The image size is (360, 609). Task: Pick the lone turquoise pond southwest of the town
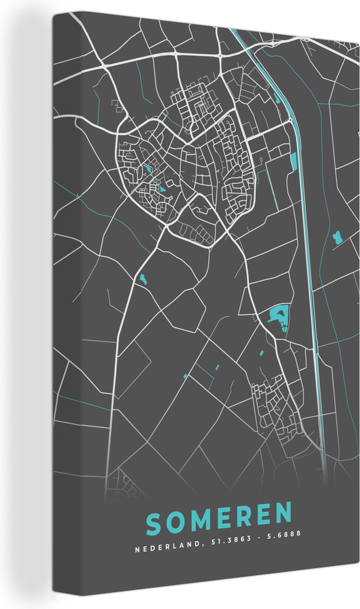[142, 278]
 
